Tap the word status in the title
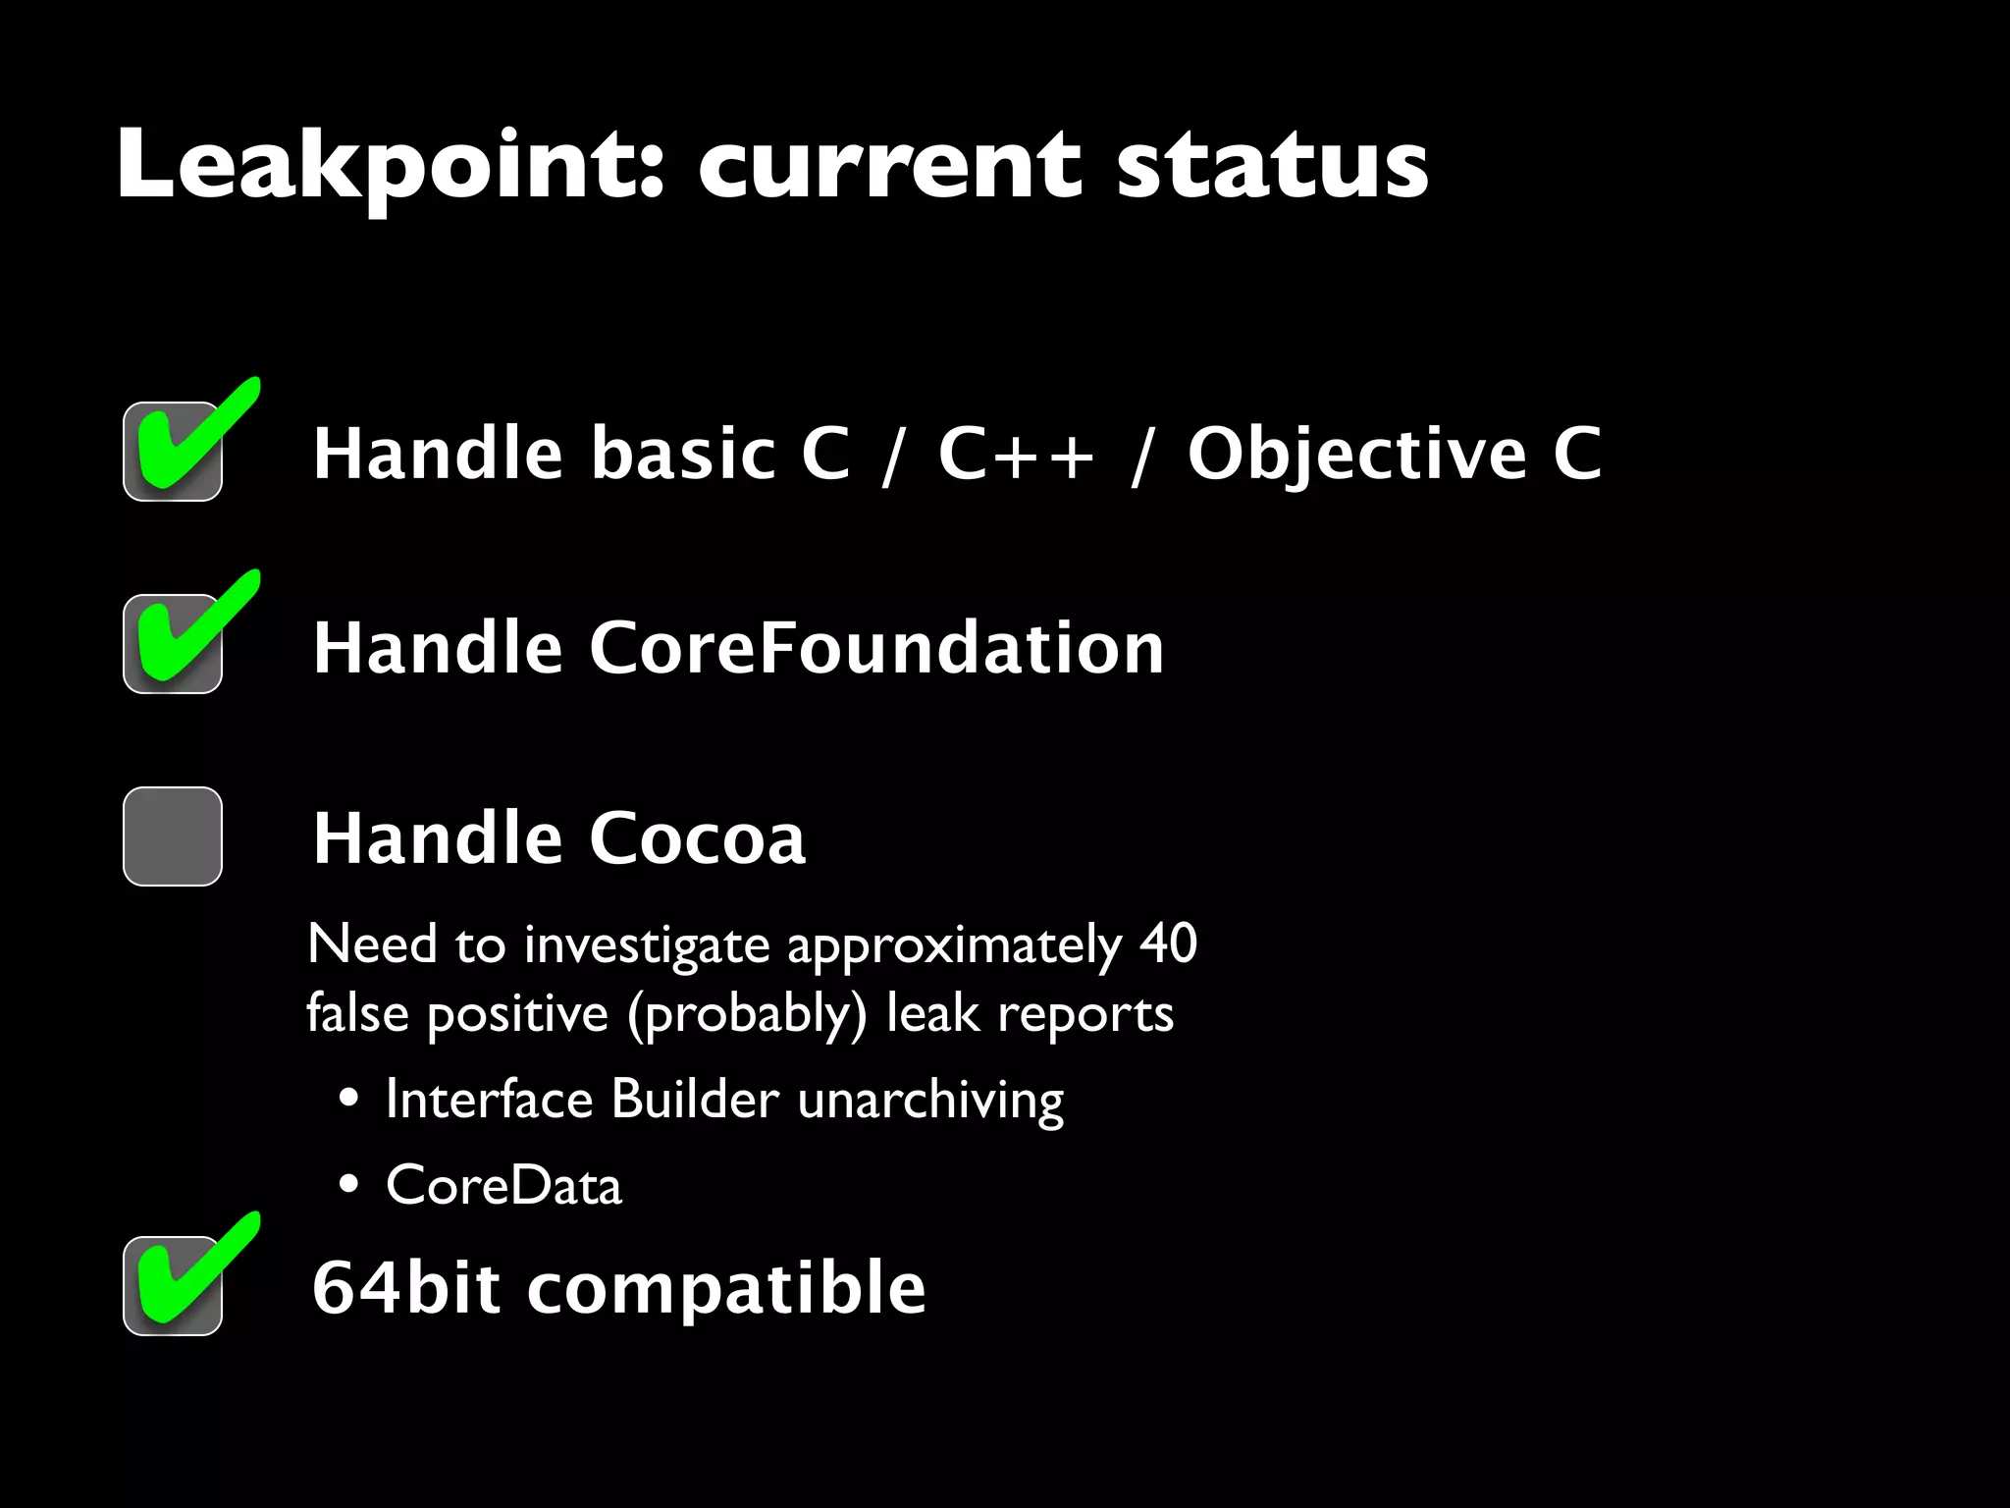[1272, 165]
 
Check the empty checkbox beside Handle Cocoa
[173, 836]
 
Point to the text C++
[1015, 454]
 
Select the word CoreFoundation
[875, 648]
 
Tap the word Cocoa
[697, 838]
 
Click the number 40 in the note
[1168, 943]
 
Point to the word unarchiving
[930, 1101]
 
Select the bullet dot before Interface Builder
[348, 1099]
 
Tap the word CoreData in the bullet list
[503, 1185]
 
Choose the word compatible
[726, 1289]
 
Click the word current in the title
[889, 165]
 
